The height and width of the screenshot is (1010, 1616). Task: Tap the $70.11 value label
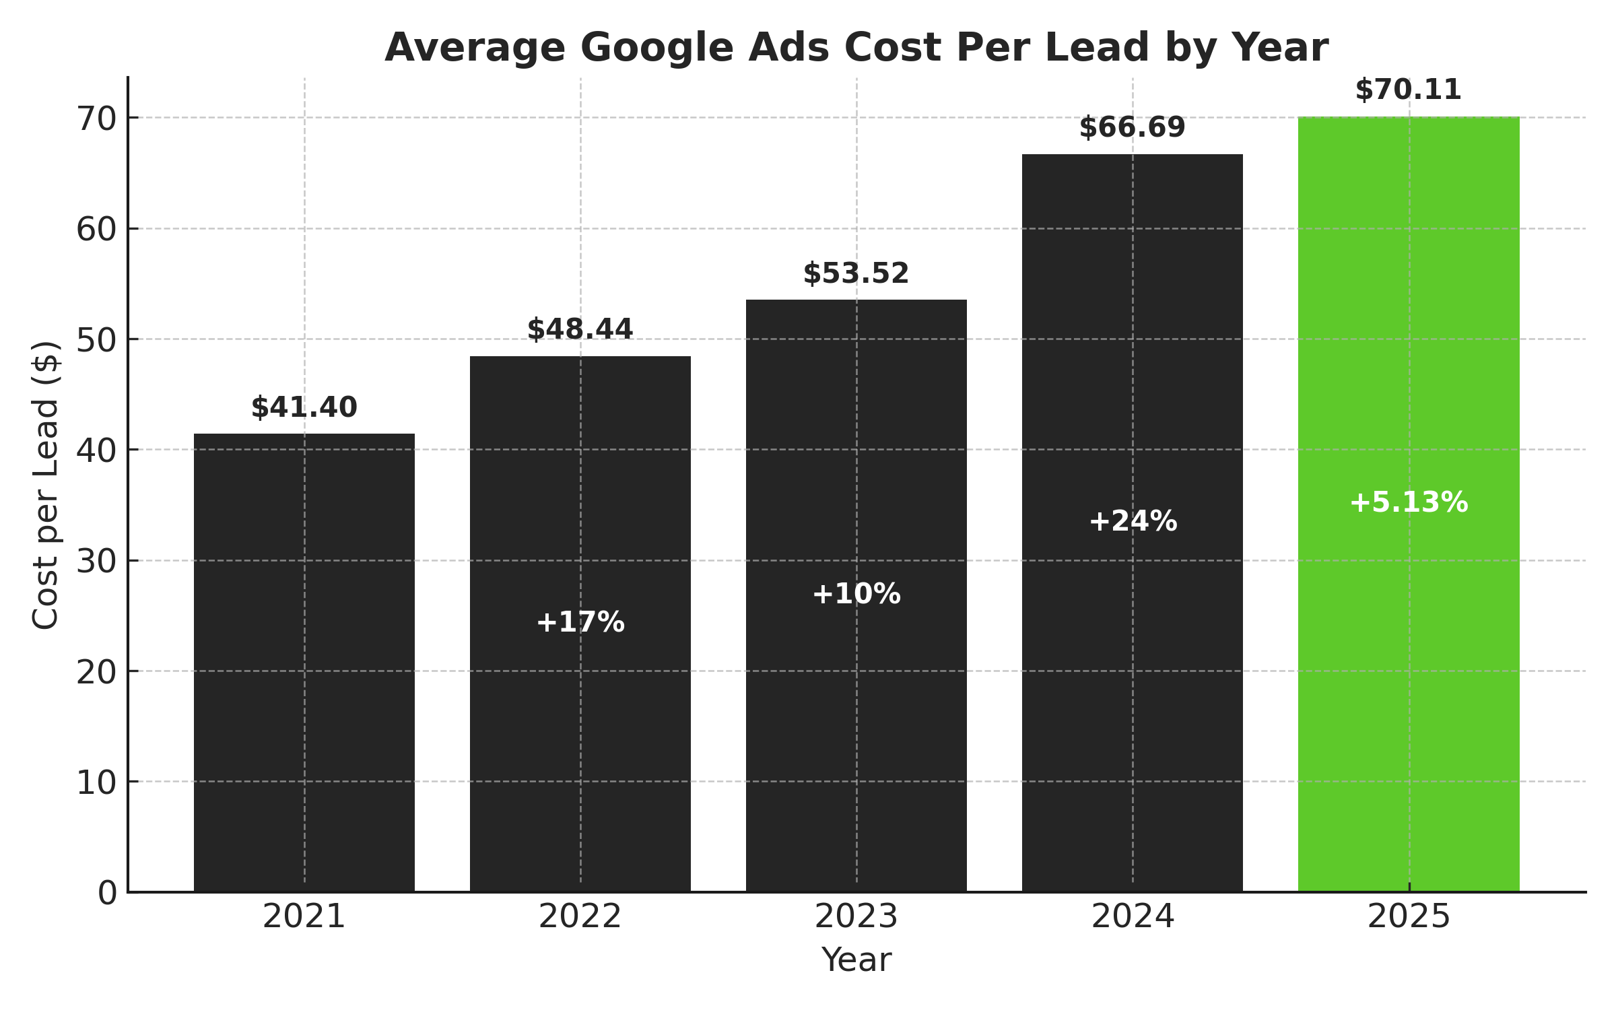(1408, 90)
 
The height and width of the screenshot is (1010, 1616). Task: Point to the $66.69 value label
(1132, 128)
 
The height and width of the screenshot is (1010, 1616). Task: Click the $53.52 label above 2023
(856, 274)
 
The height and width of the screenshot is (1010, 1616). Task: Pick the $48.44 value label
(580, 330)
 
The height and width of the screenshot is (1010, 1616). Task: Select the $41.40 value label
(304, 408)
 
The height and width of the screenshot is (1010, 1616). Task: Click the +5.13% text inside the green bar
(1408, 503)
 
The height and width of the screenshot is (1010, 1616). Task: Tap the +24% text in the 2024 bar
(1133, 522)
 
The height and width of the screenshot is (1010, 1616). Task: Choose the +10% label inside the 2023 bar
(856, 595)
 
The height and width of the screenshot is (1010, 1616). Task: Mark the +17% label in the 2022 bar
(580, 622)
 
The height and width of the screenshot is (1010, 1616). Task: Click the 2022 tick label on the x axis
(580, 917)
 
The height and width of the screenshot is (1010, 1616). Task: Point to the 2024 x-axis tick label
(1133, 917)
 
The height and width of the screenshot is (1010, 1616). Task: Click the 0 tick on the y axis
(107, 894)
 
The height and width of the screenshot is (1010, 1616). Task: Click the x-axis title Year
(856, 959)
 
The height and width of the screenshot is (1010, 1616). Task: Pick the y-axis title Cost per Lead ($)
(46, 485)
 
